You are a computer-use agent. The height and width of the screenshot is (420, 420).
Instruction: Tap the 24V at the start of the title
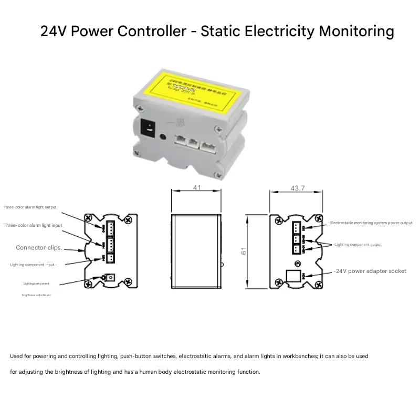(x=54, y=31)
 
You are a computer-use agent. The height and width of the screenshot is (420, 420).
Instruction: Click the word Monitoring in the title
(x=356, y=31)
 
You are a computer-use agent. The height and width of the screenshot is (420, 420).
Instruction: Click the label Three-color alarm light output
(x=30, y=207)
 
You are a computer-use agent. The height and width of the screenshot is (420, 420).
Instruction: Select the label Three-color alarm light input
(x=33, y=225)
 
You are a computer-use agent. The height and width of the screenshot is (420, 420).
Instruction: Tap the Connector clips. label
(x=39, y=247)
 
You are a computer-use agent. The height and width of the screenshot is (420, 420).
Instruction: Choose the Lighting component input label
(x=33, y=265)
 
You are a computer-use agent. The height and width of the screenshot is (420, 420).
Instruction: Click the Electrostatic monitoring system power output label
(x=371, y=223)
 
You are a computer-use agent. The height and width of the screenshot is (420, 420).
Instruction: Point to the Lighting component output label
(x=358, y=245)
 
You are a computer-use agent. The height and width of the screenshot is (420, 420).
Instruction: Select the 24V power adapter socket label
(x=370, y=271)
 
